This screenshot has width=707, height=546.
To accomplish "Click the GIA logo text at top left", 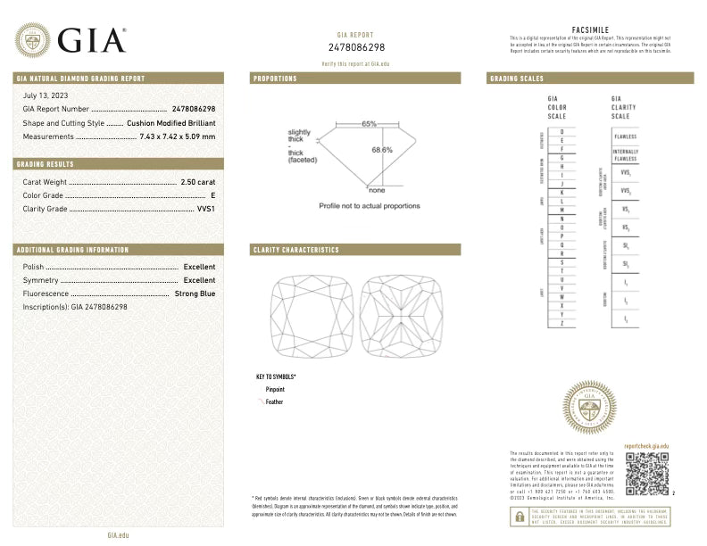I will coord(92,40).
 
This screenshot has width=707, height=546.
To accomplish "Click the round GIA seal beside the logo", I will coord(33,40).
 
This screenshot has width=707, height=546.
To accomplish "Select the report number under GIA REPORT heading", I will coord(356,47).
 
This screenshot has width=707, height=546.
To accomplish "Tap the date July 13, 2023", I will coord(46,95).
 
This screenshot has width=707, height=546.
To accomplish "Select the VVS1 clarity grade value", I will coord(205,208).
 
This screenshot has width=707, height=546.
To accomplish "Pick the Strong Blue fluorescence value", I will coord(195,293).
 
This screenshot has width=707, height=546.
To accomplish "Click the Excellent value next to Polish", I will coord(199,267).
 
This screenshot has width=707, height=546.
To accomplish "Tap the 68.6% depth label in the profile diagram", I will coord(382,150).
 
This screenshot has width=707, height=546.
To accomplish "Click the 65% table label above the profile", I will coord(369,123).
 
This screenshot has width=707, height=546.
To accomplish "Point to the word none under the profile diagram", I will coord(377,189).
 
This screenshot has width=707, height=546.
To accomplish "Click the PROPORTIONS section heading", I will coord(275,79).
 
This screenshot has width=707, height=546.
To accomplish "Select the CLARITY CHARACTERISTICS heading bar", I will coord(355,250).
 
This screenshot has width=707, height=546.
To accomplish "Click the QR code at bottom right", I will coord(646,474).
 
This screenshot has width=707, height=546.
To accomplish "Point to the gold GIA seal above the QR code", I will coord(589,407).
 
